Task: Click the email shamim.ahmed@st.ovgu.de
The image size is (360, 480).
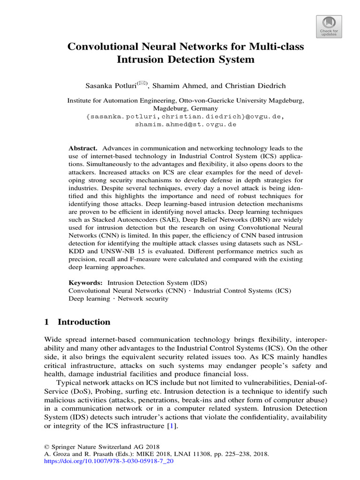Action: point(186,125)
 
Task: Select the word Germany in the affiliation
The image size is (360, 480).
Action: point(199,108)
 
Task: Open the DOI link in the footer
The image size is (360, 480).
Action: point(108,461)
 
